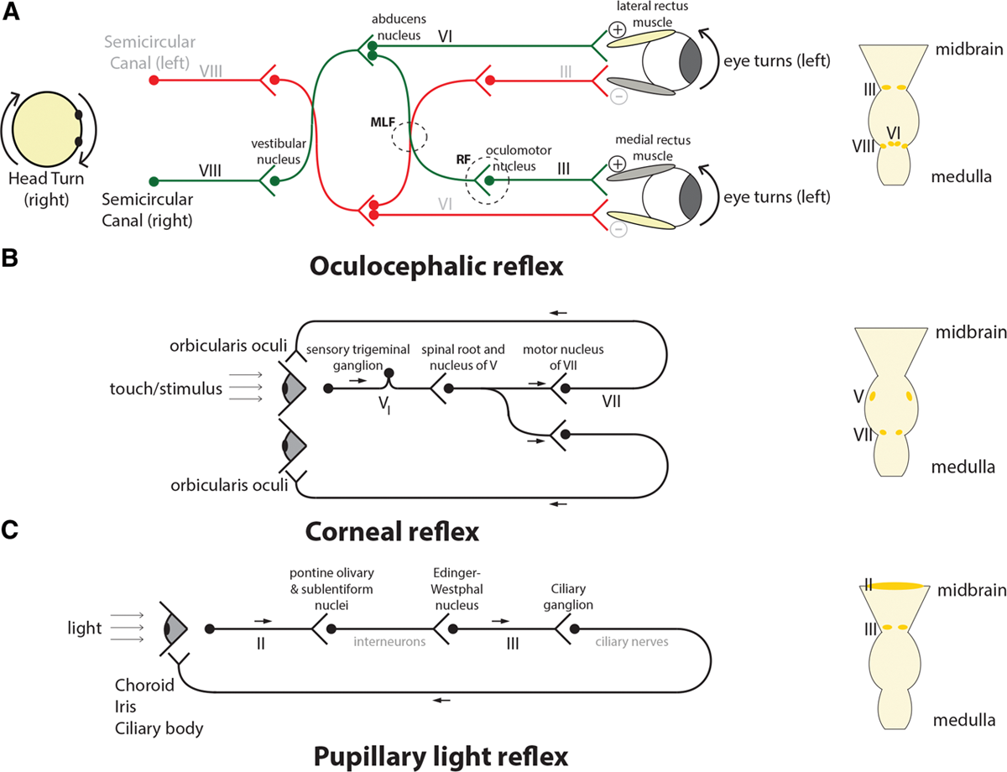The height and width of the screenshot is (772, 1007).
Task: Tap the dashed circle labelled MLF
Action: point(409,135)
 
